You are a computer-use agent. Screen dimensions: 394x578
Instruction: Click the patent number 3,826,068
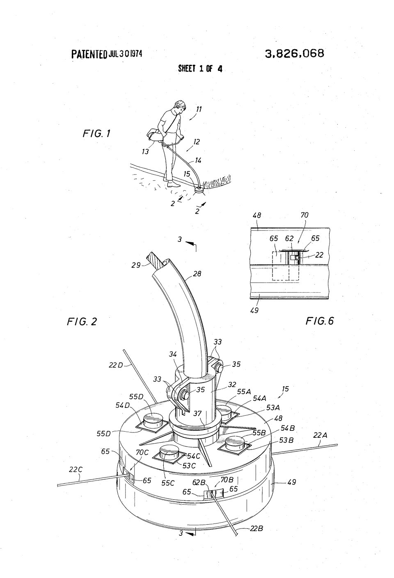pos(294,54)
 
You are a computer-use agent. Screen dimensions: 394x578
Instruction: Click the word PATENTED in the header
pos(89,54)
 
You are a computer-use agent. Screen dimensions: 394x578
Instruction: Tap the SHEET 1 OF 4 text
pos(200,68)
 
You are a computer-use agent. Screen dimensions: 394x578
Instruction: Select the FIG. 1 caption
pos(96,133)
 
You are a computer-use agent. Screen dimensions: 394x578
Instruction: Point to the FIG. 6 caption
pos(320,321)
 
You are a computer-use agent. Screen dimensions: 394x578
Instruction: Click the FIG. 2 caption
pos(82,321)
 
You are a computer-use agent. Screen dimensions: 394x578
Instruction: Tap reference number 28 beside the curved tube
pos(197,273)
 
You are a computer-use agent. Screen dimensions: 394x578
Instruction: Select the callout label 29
pos(136,265)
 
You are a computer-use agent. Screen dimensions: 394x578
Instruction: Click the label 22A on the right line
pos(320,435)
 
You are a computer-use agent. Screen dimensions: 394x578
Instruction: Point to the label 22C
pos(76,469)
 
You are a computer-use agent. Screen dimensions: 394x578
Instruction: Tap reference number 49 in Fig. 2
pos(291,482)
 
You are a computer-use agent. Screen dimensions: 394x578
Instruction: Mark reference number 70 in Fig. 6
pos(305,215)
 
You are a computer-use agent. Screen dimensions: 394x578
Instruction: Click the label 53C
pos(189,466)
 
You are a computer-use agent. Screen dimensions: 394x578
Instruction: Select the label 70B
pos(227,480)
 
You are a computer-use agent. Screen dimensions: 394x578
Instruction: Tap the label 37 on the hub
pos(197,414)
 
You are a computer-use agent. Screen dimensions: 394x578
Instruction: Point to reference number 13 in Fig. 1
pos(145,151)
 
